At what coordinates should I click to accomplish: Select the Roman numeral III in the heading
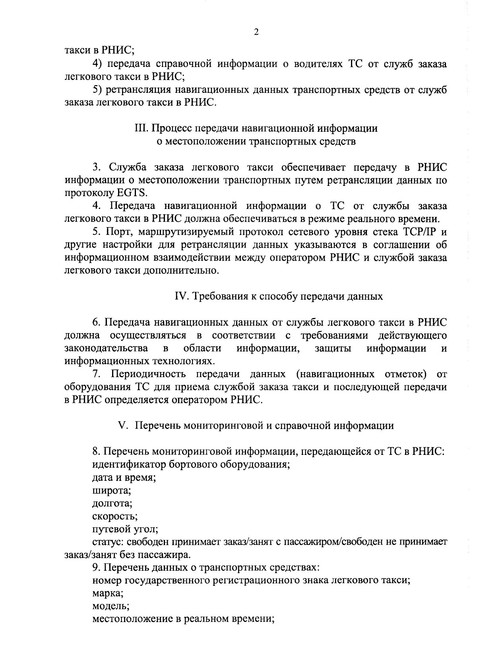pyautogui.click(x=142, y=129)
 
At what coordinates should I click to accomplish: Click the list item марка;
pyautogui.click(x=108, y=593)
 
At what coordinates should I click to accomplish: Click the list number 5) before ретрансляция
pyautogui.click(x=98, y=90)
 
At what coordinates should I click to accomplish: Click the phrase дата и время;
pyautogui.click(x=124, y=478)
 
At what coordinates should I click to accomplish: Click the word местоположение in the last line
pyautogui.click(x=128, y=619)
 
